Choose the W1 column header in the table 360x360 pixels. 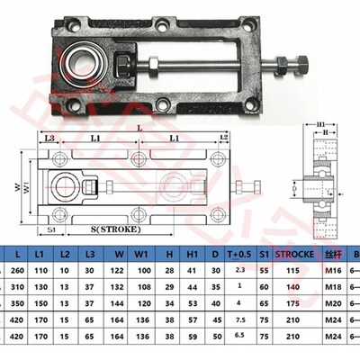coord(139,256)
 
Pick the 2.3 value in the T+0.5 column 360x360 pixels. coord(239,271)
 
